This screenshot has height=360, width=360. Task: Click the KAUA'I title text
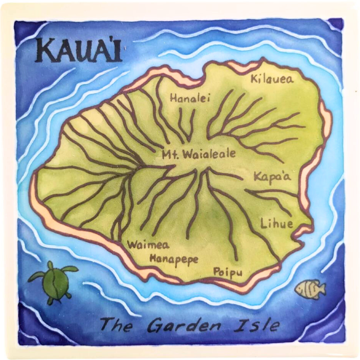78,51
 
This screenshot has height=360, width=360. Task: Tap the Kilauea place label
272,79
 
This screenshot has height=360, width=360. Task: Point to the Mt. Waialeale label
199,154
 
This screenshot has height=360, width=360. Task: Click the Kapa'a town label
272,176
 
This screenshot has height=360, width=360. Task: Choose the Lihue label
277,223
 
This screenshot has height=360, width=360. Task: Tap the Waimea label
148,245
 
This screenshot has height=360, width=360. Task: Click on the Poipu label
228,272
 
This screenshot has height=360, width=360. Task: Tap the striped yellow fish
310,289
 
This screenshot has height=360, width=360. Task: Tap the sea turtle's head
50,265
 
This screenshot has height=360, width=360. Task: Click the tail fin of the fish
322,287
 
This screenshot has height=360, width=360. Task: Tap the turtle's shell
55,282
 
